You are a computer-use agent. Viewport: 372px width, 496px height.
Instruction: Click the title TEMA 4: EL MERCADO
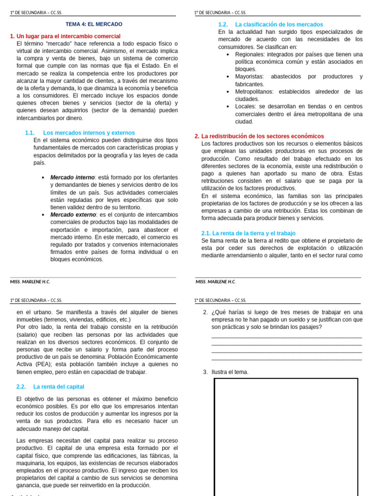[94, 24]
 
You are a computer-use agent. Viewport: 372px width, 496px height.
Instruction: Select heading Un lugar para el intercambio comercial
[68, 36]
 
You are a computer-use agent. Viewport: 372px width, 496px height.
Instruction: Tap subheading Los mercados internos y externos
[89, 133]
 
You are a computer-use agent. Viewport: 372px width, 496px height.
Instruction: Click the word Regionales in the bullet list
[251, 54]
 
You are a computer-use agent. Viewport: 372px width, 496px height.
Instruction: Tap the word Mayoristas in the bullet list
[249, 77]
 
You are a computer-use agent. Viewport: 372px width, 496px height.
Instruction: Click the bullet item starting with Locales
[298, 114]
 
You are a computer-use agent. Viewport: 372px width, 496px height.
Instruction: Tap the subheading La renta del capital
[59, 387]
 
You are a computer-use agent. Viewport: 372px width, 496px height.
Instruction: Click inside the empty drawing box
[286, 436]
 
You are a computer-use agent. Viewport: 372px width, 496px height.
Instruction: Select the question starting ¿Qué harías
[287, 320]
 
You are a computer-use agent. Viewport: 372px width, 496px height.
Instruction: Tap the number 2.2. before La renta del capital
[21, 387]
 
